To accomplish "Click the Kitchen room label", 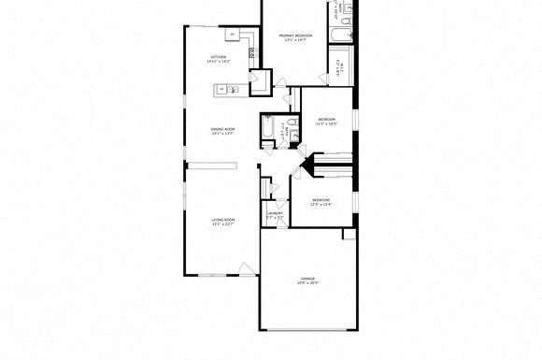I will (219, 57).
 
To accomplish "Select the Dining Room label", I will (222, 129).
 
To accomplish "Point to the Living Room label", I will (221, 219).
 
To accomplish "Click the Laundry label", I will (275, 212).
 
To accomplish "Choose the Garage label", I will (307, 279).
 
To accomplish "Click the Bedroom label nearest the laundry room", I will (321, 200).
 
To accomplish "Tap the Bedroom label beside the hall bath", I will (326, 120).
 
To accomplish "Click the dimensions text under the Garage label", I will (307, 284).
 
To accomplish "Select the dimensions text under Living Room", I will (221, 224).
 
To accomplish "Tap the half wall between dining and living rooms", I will (211, 166).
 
